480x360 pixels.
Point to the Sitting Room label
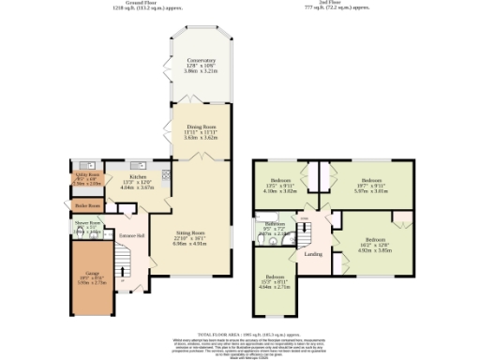coord(191,235)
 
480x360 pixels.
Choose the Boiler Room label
coord(87,203)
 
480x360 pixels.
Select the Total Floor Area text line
coord(240,333)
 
